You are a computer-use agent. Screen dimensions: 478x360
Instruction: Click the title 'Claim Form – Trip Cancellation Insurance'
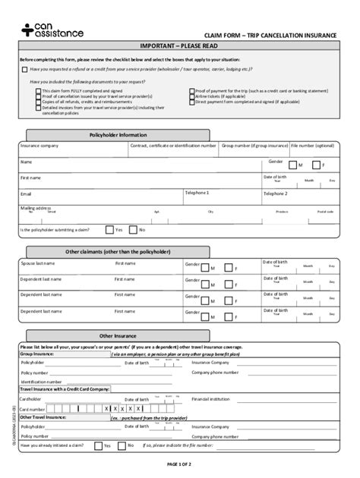coord(269,36)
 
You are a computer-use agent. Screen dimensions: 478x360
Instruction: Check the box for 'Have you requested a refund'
coord(24,69)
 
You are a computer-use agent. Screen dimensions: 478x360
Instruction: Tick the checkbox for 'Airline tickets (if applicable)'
coord(191,96)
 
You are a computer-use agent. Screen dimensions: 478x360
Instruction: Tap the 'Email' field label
coord(26,193)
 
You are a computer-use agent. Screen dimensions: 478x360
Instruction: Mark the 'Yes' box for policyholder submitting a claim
coord(109,229)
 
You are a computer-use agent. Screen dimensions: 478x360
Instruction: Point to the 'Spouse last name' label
coord(37,263)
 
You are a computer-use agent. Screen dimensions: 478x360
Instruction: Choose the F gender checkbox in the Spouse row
coord(228,268)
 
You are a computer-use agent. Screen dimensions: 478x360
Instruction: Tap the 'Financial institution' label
coord(210,398)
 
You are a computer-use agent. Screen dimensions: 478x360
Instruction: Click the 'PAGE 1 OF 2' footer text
coord(179,463)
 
